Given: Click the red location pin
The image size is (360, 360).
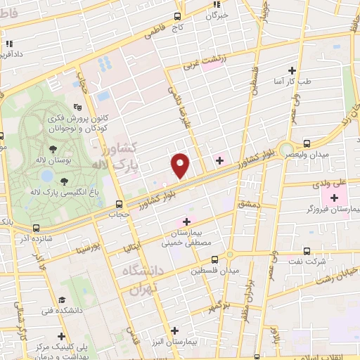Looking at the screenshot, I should pyautogui.click(x=181, y=165).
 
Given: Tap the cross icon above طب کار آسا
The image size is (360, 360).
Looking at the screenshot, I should pyautogui.click(x=292, y=70).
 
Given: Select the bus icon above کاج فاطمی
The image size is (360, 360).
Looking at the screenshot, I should pyautogui.click(x=177, y=17).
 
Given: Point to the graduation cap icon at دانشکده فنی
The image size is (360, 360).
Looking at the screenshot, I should pyautogui.click(x=63, y=299).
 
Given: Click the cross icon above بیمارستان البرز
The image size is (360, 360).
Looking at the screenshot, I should pyautogui.click(x=174, y=330).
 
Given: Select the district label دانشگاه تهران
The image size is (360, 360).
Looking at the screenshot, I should pyautogui.click(x=144, y=279).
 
